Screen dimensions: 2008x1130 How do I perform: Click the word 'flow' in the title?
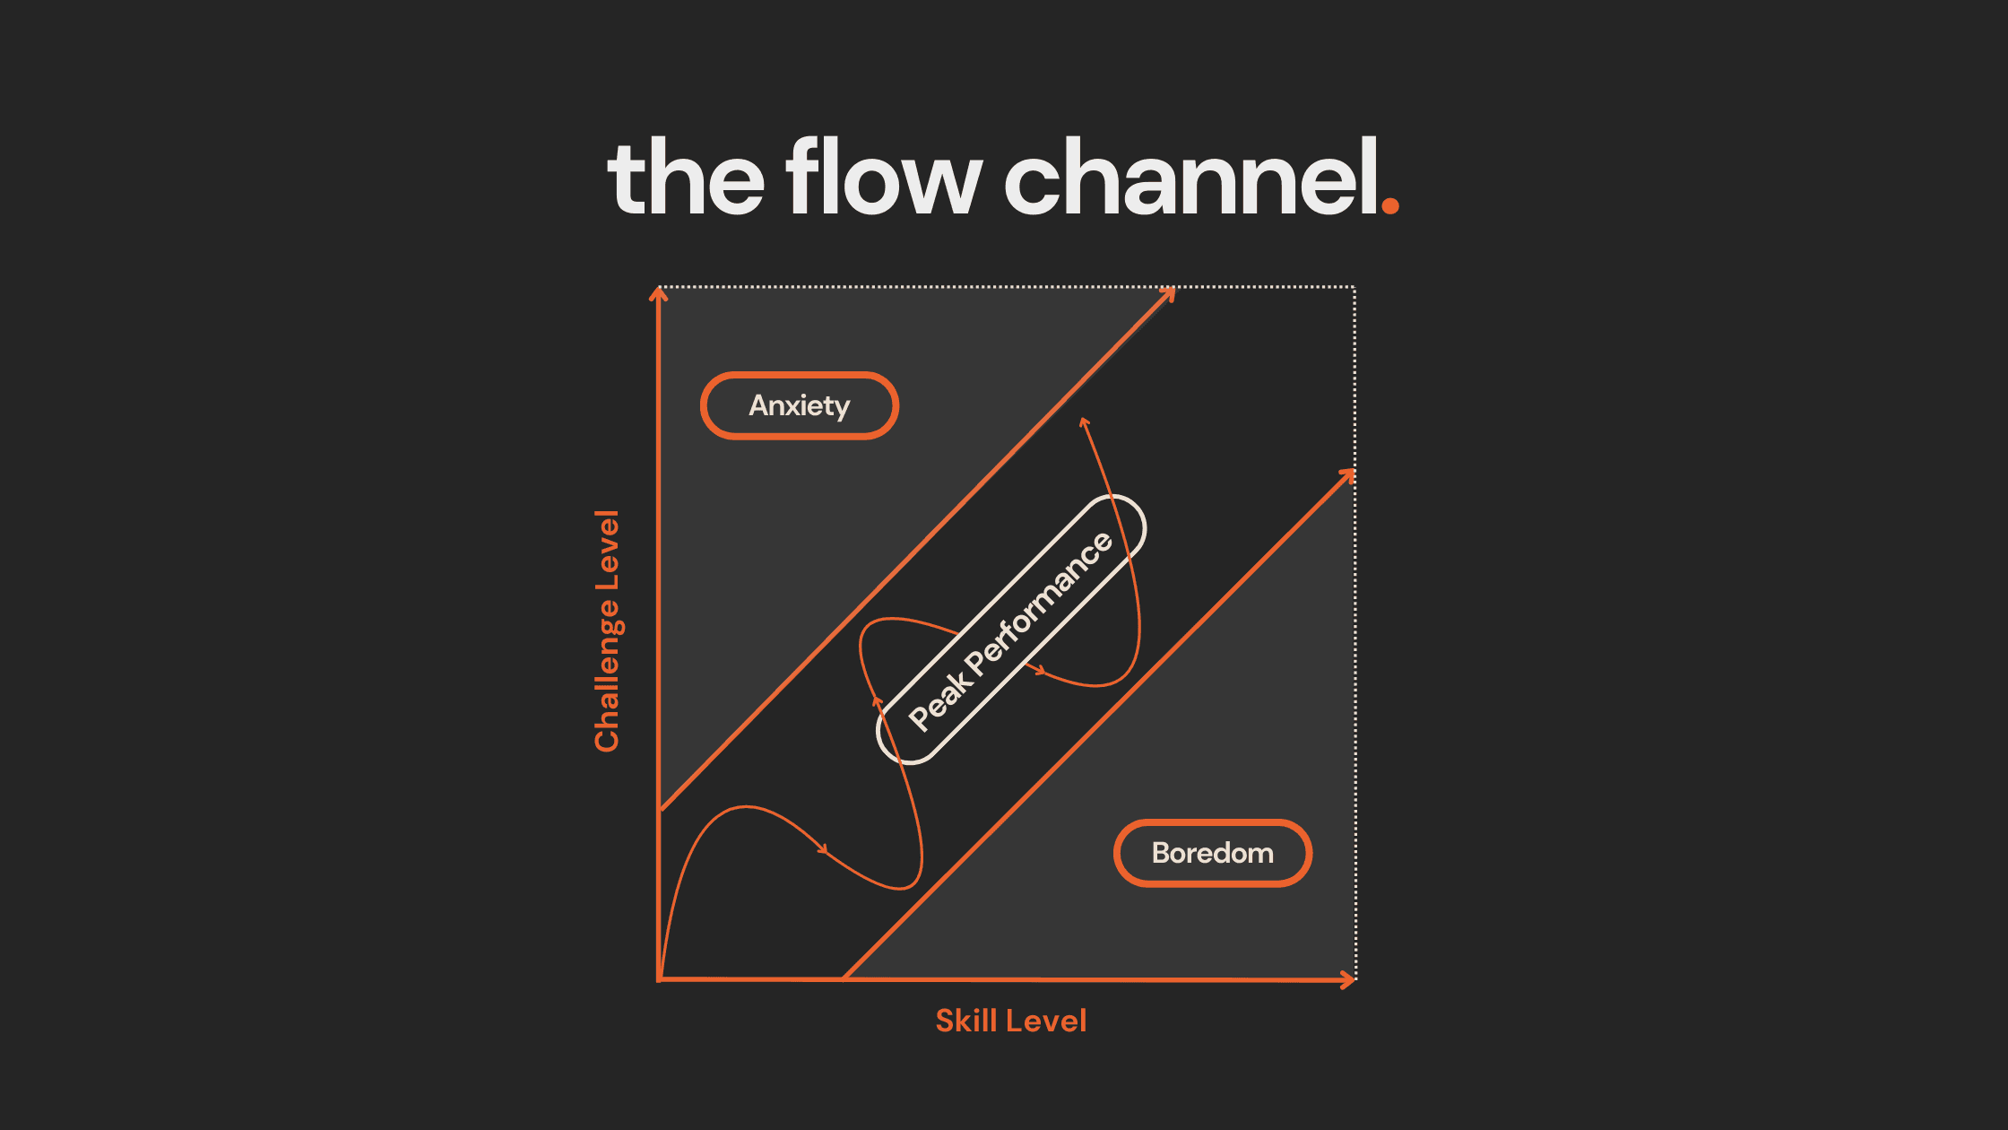coord(884,177)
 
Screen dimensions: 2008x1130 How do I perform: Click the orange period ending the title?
coord(1390,205)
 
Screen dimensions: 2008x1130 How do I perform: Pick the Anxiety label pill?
coord(800,405)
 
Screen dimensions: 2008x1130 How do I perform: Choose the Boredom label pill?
coord(1213,853)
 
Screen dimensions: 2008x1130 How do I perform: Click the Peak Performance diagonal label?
coord(1011,630)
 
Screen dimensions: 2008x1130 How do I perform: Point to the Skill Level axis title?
coord(1010,1021)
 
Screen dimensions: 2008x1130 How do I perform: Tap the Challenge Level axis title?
coord(607,630)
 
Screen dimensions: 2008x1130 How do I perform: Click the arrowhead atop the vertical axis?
coord(659,293)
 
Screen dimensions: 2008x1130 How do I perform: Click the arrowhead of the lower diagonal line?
coord(1348,474)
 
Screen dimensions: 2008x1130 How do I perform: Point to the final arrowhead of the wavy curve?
coord(1084,422)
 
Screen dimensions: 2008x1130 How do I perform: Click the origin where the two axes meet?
coord(660,979)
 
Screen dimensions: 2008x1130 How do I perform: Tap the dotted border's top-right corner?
coord(1355,287)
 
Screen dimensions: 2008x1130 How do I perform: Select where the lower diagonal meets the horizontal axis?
coord(844,978)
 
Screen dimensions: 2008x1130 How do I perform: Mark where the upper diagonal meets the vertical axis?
coord(660,811)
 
